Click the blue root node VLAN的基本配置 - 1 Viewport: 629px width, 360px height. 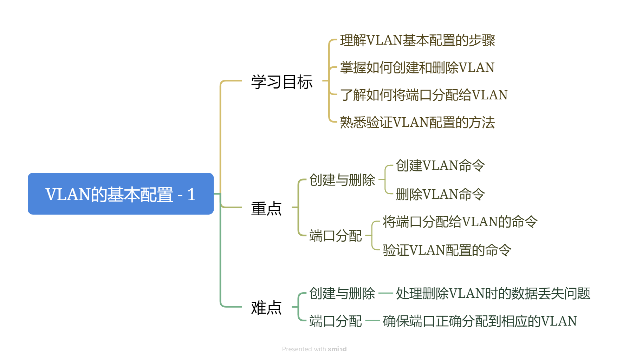coord(121,194)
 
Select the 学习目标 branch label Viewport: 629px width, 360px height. coord(281,82)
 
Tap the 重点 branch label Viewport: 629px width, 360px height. coord(266,209)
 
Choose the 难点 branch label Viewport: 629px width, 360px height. coord(266,308)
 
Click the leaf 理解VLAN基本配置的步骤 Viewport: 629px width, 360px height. coord(417,40)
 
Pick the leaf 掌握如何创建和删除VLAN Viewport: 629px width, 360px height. coord(417,67)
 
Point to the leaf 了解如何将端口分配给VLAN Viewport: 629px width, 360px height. coord(424,95)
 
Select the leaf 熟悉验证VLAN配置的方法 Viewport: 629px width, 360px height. coord(417,122)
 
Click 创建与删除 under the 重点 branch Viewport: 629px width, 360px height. coord(342,180)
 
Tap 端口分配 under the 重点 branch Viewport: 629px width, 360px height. coord(335,236)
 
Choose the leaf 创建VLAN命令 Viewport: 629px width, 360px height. coord(440,165)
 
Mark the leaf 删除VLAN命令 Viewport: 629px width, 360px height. coord(440,194)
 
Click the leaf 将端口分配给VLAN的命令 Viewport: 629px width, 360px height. coord(460,222)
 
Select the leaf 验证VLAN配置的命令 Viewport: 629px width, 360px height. coord(447,250)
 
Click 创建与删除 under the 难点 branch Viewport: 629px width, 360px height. coord(342,293)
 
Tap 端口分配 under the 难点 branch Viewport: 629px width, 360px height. coord(335,321)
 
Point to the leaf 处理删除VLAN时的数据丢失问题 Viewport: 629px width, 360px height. coord(493,293)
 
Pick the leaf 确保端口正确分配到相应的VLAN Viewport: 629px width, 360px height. coord(480,321)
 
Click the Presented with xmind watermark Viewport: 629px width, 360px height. coord(314,349)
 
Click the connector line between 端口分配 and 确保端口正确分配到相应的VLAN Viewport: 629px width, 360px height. coord(372,321)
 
